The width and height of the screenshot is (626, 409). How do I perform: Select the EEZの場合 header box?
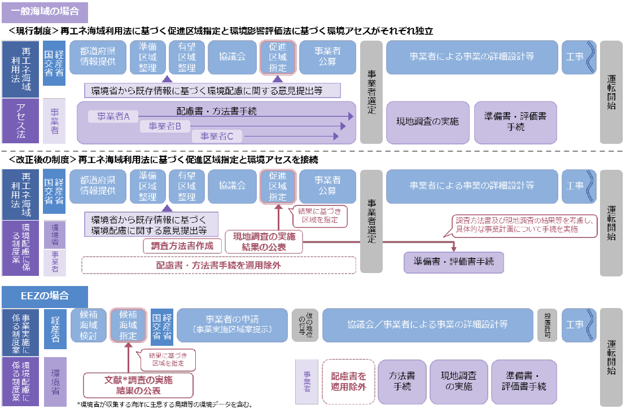tap(45, 296)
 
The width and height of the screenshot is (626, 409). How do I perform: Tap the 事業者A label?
tap(113, 116)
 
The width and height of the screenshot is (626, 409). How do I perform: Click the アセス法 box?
tap(20, 121)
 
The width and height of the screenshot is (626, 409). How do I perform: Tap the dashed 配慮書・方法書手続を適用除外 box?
tap(218, 265)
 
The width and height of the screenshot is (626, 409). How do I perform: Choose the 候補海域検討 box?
tap(89, 325)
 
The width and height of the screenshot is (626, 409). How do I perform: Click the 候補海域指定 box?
tap(129, 325)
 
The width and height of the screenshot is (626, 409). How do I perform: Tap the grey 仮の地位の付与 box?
tap(305, 325)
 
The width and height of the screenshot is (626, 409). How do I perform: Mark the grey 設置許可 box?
tap(546, 325)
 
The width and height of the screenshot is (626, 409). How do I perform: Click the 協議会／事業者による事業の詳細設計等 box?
tap(427, 324)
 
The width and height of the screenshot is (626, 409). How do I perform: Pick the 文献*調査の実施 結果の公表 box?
tap(138, 385)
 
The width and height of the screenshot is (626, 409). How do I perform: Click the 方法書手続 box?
tap(402, 381)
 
